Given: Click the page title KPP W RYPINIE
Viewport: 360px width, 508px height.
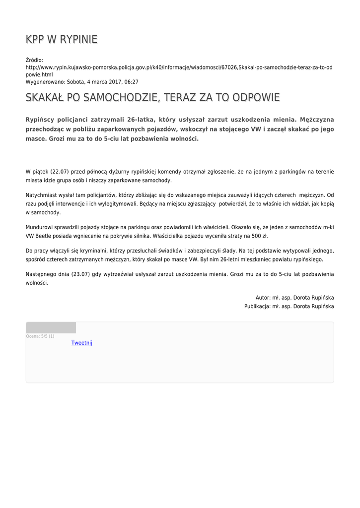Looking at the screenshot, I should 62,39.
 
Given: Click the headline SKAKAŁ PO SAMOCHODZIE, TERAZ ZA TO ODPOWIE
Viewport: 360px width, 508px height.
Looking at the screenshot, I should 152,97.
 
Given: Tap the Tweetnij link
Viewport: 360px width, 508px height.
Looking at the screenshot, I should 81,343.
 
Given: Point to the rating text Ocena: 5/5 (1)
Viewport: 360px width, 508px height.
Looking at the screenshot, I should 40,336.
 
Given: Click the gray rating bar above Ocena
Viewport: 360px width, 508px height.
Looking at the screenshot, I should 51,327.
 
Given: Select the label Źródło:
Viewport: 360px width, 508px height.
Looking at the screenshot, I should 34,60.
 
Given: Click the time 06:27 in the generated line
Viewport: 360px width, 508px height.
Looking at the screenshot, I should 131,82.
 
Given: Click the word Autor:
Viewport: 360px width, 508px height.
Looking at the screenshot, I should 263,298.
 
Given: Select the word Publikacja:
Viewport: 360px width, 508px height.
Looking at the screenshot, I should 257,307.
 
